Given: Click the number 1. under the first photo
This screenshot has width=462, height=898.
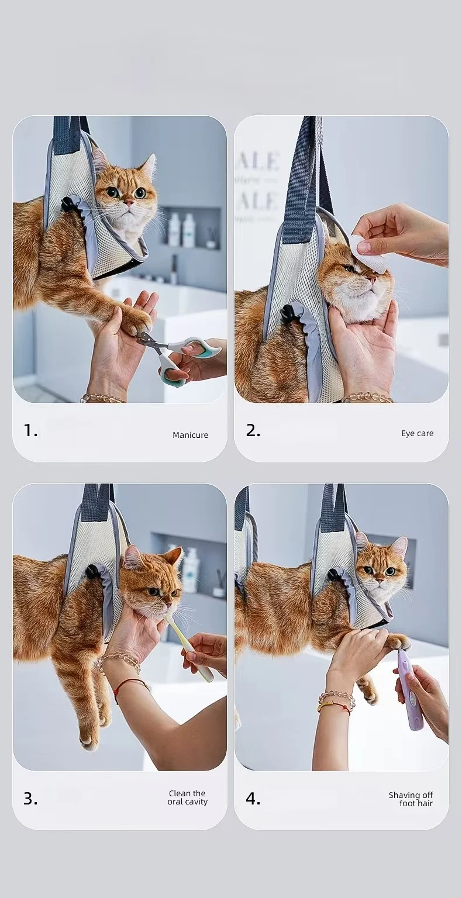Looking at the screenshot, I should pos(30,431).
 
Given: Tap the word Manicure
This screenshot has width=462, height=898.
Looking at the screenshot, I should pos(190,435).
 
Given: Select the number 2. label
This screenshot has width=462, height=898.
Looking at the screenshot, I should pos(253,431).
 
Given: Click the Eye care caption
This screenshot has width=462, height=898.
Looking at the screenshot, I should pos(417,433).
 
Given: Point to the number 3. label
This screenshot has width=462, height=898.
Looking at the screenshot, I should pos(30,799).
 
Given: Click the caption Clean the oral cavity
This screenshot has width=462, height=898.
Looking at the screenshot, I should pos(188,797).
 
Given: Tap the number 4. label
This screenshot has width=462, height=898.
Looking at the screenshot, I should pos(253,799).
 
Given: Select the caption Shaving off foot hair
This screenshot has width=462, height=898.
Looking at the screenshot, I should pos(411,799).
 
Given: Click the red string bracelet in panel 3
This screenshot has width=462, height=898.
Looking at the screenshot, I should pos(130,683).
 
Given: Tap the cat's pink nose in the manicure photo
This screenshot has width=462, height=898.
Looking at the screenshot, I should pos(128,203).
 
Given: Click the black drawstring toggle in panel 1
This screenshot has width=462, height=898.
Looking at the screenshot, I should pos(69,205).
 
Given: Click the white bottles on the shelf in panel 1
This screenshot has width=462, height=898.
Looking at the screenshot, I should pos(181,230).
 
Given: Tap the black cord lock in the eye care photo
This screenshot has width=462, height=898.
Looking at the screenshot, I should pos(289,313).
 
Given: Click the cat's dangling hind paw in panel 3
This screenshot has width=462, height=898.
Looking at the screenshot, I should pos(89,740).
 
